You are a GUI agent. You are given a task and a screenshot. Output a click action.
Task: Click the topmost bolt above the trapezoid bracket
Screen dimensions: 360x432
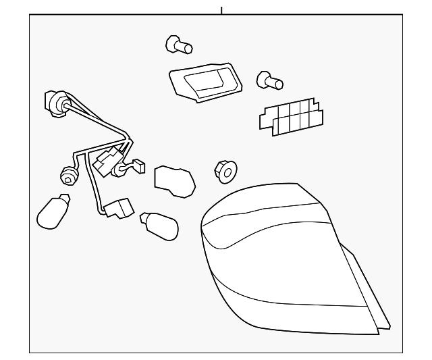179,45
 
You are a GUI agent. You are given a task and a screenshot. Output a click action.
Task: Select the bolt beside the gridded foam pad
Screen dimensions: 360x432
269,82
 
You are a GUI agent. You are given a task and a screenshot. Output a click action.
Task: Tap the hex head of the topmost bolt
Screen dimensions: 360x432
173,43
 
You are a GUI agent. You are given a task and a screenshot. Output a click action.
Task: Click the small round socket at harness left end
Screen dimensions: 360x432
67,176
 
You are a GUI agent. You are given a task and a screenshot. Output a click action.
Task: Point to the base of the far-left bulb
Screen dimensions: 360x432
64,200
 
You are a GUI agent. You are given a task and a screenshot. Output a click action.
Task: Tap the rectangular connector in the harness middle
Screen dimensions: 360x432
105,162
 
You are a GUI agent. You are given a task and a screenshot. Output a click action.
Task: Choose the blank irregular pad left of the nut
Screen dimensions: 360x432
174,180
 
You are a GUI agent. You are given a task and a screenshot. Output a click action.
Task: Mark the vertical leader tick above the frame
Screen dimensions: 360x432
221,9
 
